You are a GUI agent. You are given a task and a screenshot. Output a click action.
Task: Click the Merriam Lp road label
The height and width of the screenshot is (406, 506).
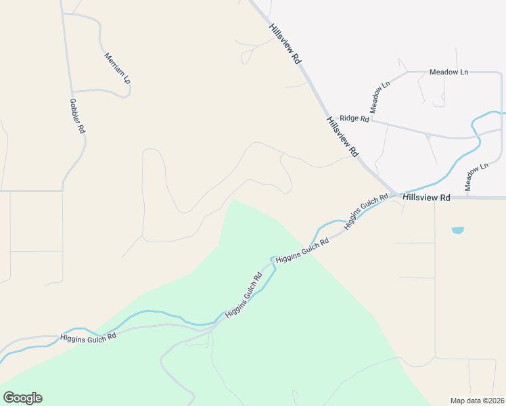pos(116,68)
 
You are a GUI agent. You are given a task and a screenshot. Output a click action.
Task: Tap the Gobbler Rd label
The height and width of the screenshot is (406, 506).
pos(76,116)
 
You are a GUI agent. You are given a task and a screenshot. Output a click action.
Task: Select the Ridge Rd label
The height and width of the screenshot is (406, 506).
pos(354,118)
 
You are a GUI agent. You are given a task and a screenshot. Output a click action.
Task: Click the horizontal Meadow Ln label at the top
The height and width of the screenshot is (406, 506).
pos(449,72)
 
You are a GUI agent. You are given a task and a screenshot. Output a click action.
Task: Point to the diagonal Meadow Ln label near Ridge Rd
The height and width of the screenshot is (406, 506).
pos(380,97)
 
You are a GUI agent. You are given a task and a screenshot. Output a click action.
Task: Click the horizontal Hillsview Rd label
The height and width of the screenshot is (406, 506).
pos(426,198)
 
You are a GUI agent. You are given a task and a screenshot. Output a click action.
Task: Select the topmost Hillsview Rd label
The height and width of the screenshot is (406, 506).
pos(285,43)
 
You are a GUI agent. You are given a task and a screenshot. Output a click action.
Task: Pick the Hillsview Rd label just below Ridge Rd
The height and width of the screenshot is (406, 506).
pos(342,136)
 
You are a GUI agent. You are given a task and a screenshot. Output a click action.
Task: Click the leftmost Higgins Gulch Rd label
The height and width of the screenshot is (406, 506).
pos(88,336)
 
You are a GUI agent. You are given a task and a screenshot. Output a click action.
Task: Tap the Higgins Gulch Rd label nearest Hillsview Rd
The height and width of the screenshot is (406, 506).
pos(366,212)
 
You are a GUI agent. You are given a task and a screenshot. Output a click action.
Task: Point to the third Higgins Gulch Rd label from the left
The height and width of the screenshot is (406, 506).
pos(302,251)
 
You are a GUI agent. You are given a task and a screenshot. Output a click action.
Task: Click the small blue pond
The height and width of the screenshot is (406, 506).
pos(458,230)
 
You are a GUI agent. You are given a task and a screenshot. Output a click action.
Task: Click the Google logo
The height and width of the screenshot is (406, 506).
pos(22,398)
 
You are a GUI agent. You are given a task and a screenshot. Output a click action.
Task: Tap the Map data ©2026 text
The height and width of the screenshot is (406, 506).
pos(477,401)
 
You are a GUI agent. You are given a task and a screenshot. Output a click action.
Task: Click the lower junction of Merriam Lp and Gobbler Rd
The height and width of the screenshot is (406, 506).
pos(72,91)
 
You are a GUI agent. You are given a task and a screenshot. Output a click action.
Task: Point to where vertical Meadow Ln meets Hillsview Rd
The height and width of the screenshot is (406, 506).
pos(467,198)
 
